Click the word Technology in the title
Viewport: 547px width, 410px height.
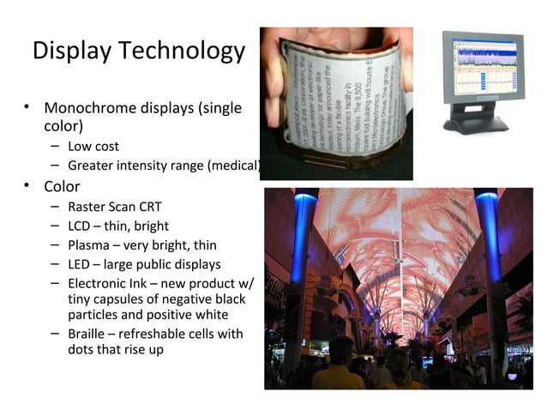pos(183,51)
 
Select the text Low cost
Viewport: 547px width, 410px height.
pos(93,147)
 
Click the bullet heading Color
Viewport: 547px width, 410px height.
pos(62,186)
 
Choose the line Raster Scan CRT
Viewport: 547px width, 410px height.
pos(114,208)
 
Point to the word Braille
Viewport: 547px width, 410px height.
pos(87,333)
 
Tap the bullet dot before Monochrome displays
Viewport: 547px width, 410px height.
pos(27,109)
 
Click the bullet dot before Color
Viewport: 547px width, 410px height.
pos(27,186)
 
